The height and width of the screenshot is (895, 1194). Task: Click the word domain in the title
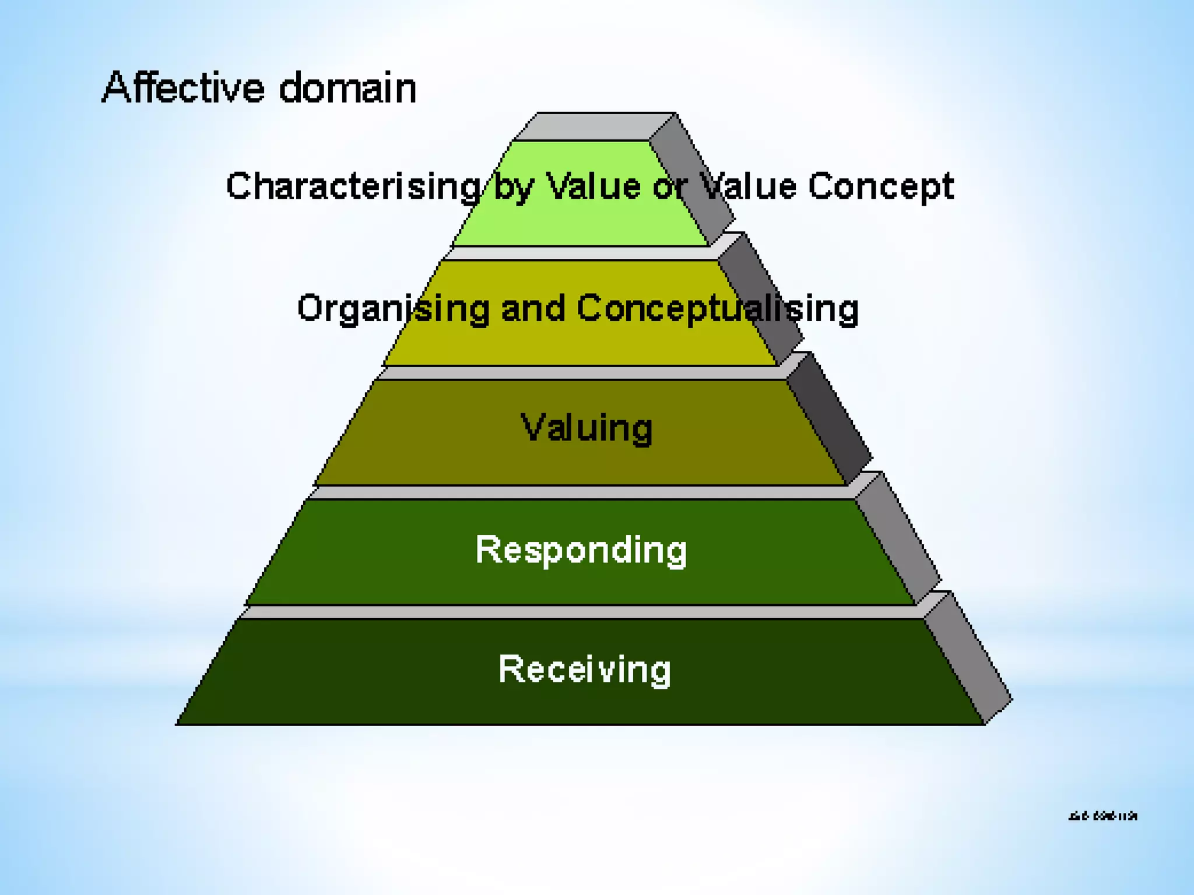tap(347, 88)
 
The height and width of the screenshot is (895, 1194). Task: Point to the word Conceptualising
tap(718, 308)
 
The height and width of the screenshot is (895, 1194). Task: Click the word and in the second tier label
tap(533, 308)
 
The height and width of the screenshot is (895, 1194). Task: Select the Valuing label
tap(586, 428)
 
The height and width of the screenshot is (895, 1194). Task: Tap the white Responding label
tap(581, 549)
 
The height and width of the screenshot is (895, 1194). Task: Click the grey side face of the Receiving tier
tap(968, 658)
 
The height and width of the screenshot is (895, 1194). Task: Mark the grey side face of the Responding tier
tap(898, 539)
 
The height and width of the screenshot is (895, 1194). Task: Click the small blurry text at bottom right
tap(1102, 816)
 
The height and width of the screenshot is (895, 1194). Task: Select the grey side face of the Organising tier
tap(761, 297)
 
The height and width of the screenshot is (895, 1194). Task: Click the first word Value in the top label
tap(594, 186)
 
